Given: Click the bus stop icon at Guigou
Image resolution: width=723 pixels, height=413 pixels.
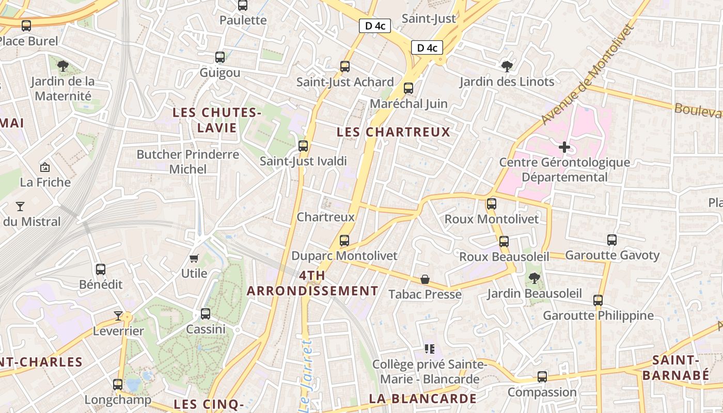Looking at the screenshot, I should [x=220, y=57].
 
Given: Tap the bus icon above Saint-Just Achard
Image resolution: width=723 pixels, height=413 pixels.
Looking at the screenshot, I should [x=345, y=67].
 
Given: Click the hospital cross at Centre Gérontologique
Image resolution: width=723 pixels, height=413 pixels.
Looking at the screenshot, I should [x=564, y=147].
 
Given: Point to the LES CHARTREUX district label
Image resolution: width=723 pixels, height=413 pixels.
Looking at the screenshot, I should [x=394, y=132].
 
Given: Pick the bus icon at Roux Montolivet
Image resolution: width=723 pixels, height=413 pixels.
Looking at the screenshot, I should [x=492, y=204].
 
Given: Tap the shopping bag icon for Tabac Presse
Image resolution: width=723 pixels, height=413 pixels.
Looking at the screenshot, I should [x=425, y=279].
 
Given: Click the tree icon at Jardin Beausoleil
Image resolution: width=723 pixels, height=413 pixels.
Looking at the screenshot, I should [x=535, y=278].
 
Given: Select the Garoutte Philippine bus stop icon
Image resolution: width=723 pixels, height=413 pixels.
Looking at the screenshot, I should [x=598, y=300].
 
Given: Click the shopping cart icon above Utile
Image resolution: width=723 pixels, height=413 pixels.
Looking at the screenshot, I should [x=194, y=258].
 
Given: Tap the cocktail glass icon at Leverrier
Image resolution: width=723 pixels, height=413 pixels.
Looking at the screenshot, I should [x=118, y=315].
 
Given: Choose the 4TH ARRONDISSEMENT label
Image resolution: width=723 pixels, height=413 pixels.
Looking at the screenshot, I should [x=312, y=283].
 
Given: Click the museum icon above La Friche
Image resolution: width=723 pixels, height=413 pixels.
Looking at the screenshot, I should [x=45, y=167].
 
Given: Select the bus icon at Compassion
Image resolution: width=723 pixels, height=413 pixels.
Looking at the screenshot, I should [x=542, y=377].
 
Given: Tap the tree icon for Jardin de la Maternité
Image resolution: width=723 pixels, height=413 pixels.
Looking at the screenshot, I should [x=63, y=66].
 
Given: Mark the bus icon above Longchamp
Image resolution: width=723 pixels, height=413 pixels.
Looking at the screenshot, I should [x=118, y=385].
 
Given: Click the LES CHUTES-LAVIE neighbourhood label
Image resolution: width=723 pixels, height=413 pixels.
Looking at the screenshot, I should [x=217, y=120].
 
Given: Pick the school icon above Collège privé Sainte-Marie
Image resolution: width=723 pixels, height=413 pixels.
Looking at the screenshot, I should [x=429, y=350].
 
